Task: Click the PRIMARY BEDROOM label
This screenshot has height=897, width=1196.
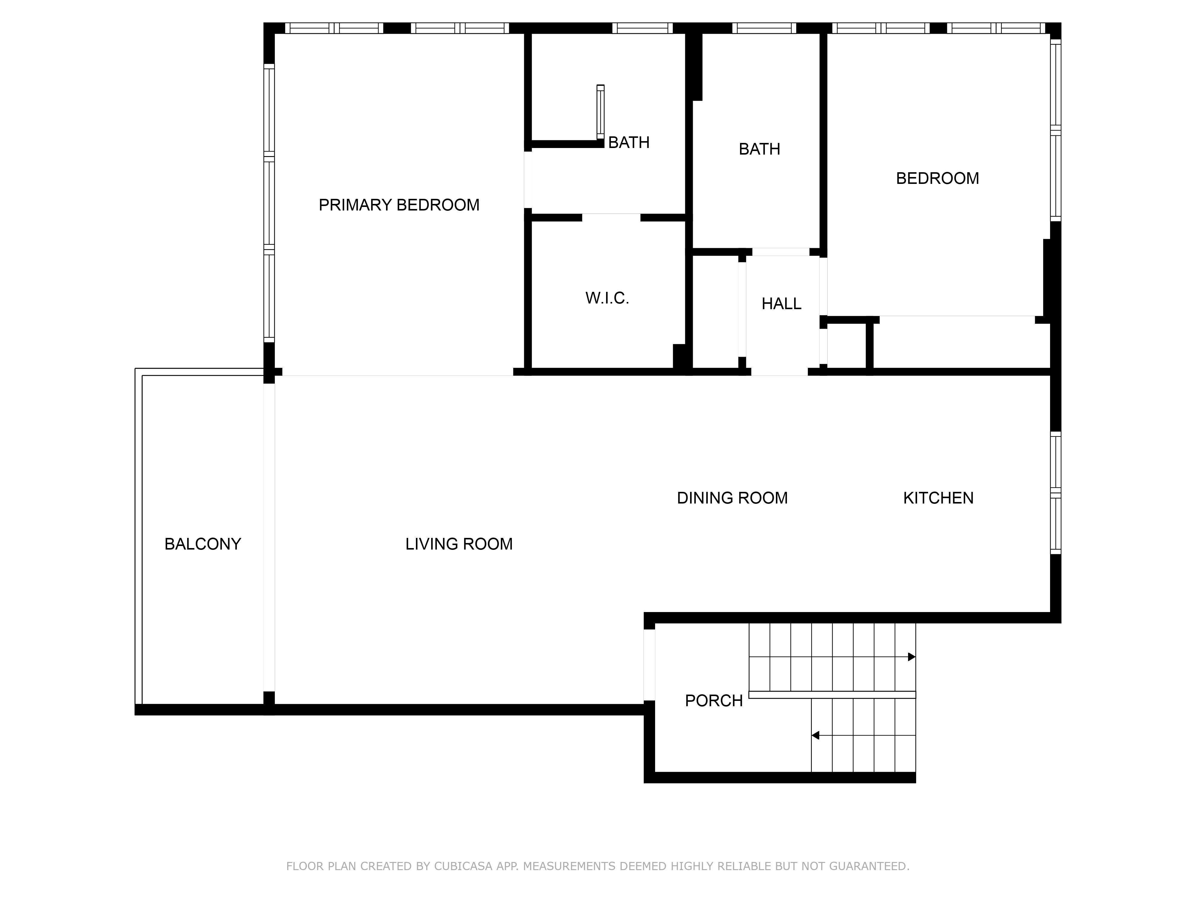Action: click(x=399, y=205)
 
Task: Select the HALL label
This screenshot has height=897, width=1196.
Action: click(x=781, y=304)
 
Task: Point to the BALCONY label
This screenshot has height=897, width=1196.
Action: click(x=203, y=544)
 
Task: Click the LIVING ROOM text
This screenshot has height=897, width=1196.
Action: click(x=459, y=544)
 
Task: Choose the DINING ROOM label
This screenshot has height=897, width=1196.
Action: click(x=732, y=498)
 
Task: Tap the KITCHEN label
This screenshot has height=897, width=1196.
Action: click(x=938, y=498)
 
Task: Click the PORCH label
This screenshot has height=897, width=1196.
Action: click(x=714, y=701)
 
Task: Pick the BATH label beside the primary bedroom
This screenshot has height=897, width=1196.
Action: click(x=629, y=142)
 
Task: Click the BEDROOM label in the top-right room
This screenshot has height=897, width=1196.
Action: click(x=938, y=179)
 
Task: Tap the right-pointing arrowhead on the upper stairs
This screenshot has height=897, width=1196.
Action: click(x=912, y=657)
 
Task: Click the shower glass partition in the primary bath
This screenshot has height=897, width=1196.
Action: click(x=600, y=112)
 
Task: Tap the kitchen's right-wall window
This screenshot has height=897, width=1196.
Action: click(x=1055, y=492)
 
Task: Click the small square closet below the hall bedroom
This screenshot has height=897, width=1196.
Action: click(x=847, y=346)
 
